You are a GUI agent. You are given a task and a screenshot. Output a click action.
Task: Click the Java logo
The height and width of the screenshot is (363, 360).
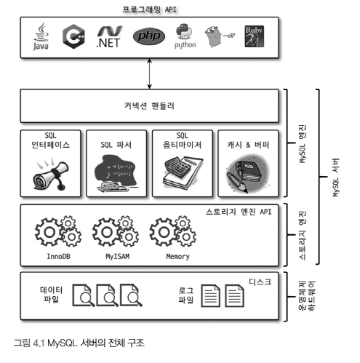(41, 36)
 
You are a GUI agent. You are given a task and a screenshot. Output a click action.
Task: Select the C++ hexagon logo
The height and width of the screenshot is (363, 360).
(73, 36)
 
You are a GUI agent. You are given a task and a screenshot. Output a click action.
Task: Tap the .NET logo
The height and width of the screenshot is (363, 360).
(109, 36)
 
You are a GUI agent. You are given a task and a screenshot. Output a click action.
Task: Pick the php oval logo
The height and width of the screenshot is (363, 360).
(149, 36)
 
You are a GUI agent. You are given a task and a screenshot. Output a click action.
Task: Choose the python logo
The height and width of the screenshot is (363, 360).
(185, 36)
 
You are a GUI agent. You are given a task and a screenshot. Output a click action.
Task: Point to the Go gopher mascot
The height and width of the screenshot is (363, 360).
(218, 36)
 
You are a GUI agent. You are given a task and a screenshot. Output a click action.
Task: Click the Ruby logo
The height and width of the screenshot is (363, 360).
(254, 36)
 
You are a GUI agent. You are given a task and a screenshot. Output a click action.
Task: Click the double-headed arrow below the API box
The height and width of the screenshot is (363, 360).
(149, 73)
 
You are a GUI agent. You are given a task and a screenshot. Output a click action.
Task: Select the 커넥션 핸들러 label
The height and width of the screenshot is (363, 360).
(149, 105)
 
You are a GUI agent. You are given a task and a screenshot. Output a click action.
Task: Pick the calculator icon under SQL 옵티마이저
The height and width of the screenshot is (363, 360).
(183, 173)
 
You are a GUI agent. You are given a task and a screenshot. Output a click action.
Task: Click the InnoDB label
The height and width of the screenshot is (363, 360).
(58, 256)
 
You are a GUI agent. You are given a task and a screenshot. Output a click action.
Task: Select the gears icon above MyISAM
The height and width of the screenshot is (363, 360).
(116, 231)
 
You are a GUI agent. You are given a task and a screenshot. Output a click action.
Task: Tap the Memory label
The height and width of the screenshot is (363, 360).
(177, 256)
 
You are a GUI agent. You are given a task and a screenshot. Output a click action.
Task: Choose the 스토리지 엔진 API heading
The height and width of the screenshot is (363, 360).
(239, 212)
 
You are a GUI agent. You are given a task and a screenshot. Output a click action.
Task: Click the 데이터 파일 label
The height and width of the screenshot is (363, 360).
(51, 295)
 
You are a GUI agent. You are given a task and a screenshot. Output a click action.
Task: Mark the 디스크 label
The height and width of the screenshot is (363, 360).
(260, 282)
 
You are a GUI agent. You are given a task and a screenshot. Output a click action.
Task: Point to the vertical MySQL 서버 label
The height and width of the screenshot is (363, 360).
(335, 177)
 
